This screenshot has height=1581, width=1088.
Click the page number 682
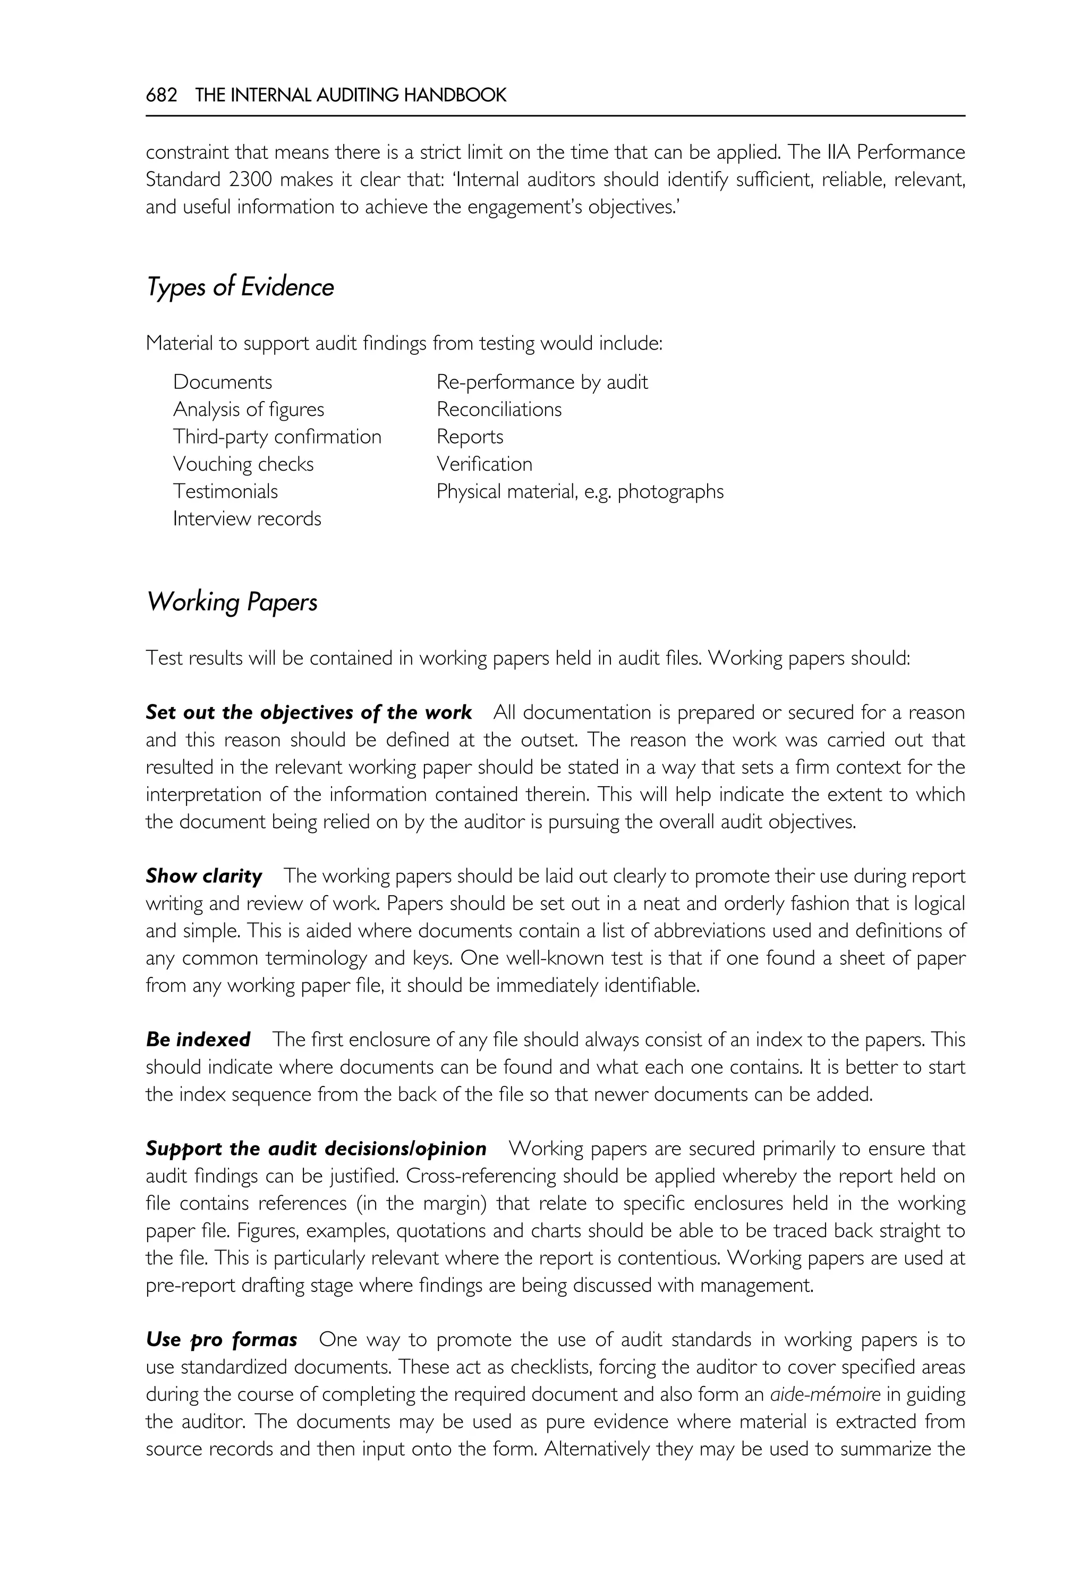coord(161,96)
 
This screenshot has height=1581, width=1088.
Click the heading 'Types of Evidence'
coord(240,287)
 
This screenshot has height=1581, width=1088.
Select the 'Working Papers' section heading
coord(232,602)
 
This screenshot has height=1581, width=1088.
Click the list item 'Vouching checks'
coord(243,464)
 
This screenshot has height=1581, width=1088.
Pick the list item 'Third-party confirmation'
coord(277,437)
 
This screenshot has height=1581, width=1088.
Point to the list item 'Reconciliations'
coord(499,410)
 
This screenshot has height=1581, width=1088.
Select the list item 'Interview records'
coord(247,519)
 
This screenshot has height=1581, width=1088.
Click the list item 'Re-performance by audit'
coord(542,382)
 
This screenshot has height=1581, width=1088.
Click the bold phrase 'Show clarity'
coord(204,876)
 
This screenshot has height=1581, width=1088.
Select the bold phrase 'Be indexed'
coord(198,1040)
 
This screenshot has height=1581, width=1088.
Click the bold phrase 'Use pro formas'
coord(222,1340)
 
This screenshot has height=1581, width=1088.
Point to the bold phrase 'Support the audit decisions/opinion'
coord(316,1149)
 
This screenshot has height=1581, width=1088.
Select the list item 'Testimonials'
coord(226,491)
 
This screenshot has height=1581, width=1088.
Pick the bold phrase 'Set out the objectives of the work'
coord(309,712)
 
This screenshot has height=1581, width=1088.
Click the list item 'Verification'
coord(484,464)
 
